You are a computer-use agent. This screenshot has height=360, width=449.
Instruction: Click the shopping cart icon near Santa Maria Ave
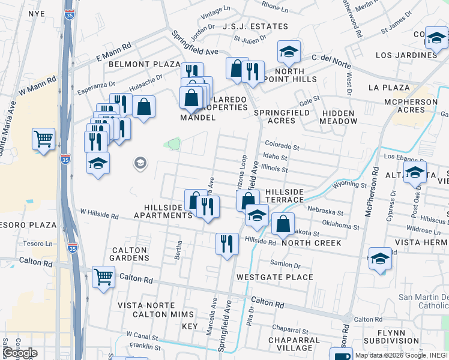[x=44, y=139]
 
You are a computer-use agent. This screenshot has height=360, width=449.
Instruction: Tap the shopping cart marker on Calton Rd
[x=104, y=277]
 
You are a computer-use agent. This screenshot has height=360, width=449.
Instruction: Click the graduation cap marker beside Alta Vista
[x=415, y=172]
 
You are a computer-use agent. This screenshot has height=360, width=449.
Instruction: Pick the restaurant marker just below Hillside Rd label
[x=226, y=244]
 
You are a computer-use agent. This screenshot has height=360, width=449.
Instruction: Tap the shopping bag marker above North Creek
[x=282, y=224]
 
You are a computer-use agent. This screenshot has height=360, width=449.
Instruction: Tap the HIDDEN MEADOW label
[x=339, y=116]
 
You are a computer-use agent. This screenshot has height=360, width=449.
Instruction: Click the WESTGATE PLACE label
[x=274, y=277]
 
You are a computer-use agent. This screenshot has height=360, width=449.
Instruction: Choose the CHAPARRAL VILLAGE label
[x=298, y=343]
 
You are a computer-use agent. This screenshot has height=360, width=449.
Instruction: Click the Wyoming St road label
[x=350, y=185]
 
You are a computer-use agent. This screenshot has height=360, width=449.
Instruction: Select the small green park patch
[x=173, y=144]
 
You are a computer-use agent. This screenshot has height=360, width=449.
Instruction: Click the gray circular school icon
[x=140, y=163]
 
